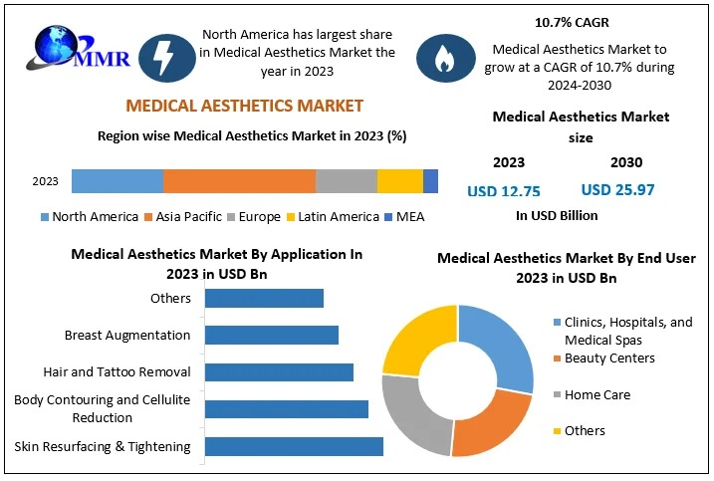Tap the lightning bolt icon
(160, 58)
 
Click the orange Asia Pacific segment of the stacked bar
(239, 181)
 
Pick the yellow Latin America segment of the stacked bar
(399, 181)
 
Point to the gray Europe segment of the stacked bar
(346, 181)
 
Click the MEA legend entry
(403, 216)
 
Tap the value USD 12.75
(504, 190)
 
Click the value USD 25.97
(617, 189)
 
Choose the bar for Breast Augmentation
(271, 335)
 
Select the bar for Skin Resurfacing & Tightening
(294, 446)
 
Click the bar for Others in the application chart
(264, 298)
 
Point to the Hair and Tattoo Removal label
(117, 371)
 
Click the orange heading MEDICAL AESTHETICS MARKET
(244, 106)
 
